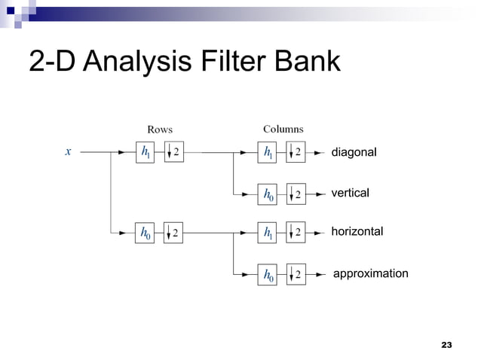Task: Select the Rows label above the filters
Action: click(x=159, y=130)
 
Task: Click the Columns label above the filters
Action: click(x=283, y=130)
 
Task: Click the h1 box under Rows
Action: click(x=146, y=152)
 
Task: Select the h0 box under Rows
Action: click(x=146, y=233)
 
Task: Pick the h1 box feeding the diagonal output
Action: click(x=268, y=153)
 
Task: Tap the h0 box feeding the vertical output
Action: click(x=268, y=194)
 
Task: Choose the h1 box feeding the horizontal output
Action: click(x=268, y=233)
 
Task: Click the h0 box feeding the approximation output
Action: click(x=268, y=276)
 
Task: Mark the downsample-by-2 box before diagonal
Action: click(x=296, y=153)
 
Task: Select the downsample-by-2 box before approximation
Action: click(x=296, y=276)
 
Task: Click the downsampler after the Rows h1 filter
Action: click(x=173, y=152)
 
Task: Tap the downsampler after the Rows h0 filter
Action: click(x=173, y=233)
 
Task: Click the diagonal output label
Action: click(x=354, y=153)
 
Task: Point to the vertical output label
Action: click(x=350, y=194)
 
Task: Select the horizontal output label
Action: click(x=357, y=232)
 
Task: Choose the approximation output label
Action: click(x=370, y=273)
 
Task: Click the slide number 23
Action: click(x=446, y=345)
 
